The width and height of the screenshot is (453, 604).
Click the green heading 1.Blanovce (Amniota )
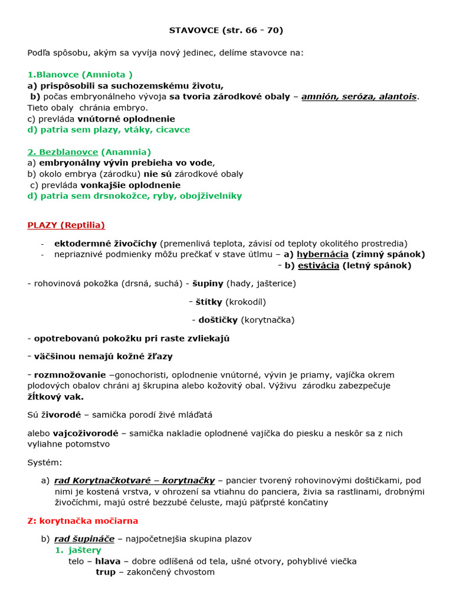tap(80, 74)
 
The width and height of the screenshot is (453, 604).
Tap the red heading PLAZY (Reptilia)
tap(66, 225)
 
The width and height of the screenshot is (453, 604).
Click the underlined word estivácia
tap(319, 265)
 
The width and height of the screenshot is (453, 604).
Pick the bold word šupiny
tap(207, 283)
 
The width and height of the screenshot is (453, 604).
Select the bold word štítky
tap(209, 301)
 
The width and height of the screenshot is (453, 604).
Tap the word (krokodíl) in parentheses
tap(246, 301)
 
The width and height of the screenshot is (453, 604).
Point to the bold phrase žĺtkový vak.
tap(55, 397)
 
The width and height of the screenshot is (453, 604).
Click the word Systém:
tap(44, 462)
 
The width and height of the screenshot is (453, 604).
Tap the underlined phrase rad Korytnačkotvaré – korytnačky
tap(134, 481)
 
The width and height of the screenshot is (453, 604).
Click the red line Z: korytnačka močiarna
tap(83, 521)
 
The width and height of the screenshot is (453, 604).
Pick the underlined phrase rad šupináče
tap(84, 539)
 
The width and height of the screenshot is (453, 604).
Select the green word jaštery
tap(83, 550)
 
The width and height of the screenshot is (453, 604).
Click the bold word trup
tap(106, 572)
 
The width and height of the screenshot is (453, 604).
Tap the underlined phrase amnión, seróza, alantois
tap(359, 96)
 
